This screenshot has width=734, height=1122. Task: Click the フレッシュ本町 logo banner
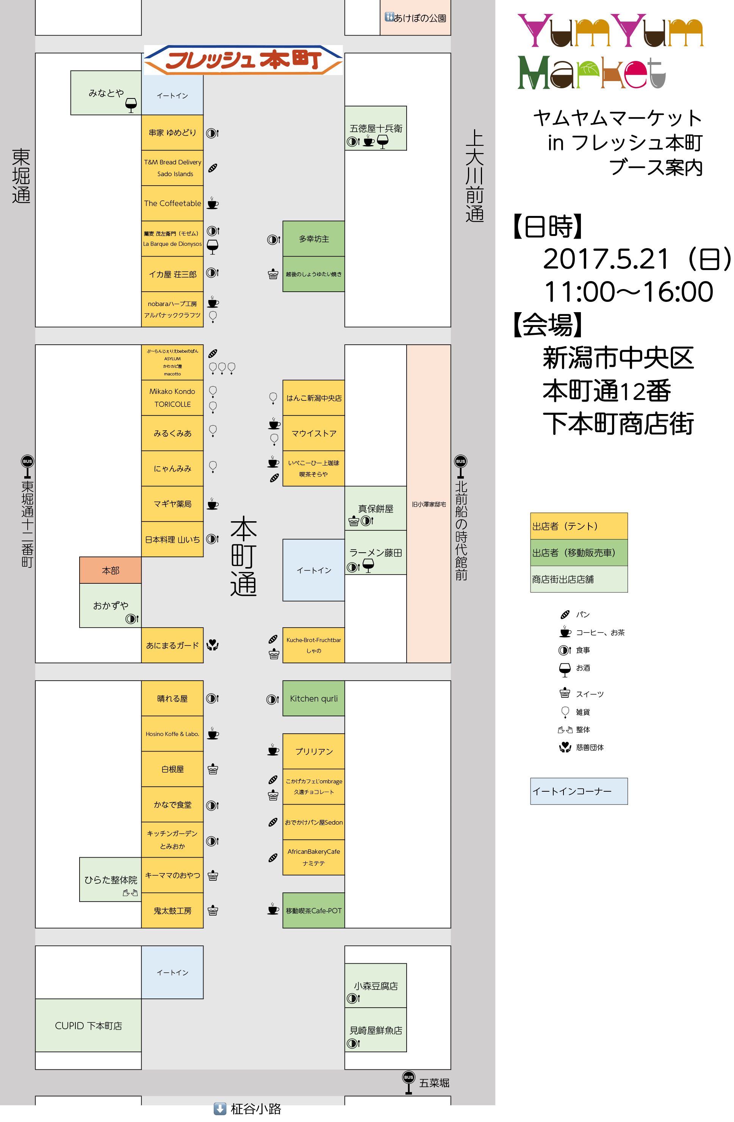[243, 60]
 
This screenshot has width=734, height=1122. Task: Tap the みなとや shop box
[106, 93]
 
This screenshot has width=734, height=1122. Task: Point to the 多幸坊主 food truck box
[314, 239]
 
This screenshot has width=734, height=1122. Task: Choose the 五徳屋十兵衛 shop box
[376, 128]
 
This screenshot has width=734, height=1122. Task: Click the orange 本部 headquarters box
[110, 570]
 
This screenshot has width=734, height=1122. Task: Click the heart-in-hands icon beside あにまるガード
[213, 645]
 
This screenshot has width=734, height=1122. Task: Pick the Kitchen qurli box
[314, 698]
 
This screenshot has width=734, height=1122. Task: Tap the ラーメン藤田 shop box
[376, 553]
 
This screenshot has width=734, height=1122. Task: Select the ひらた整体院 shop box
[110, 880]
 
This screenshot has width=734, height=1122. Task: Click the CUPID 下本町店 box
[88, 1026]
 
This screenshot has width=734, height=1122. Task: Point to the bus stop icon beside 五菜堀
[408, 1082]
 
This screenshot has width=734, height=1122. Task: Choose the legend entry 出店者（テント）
[579, 526]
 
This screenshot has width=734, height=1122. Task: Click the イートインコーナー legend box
[579, 791]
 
